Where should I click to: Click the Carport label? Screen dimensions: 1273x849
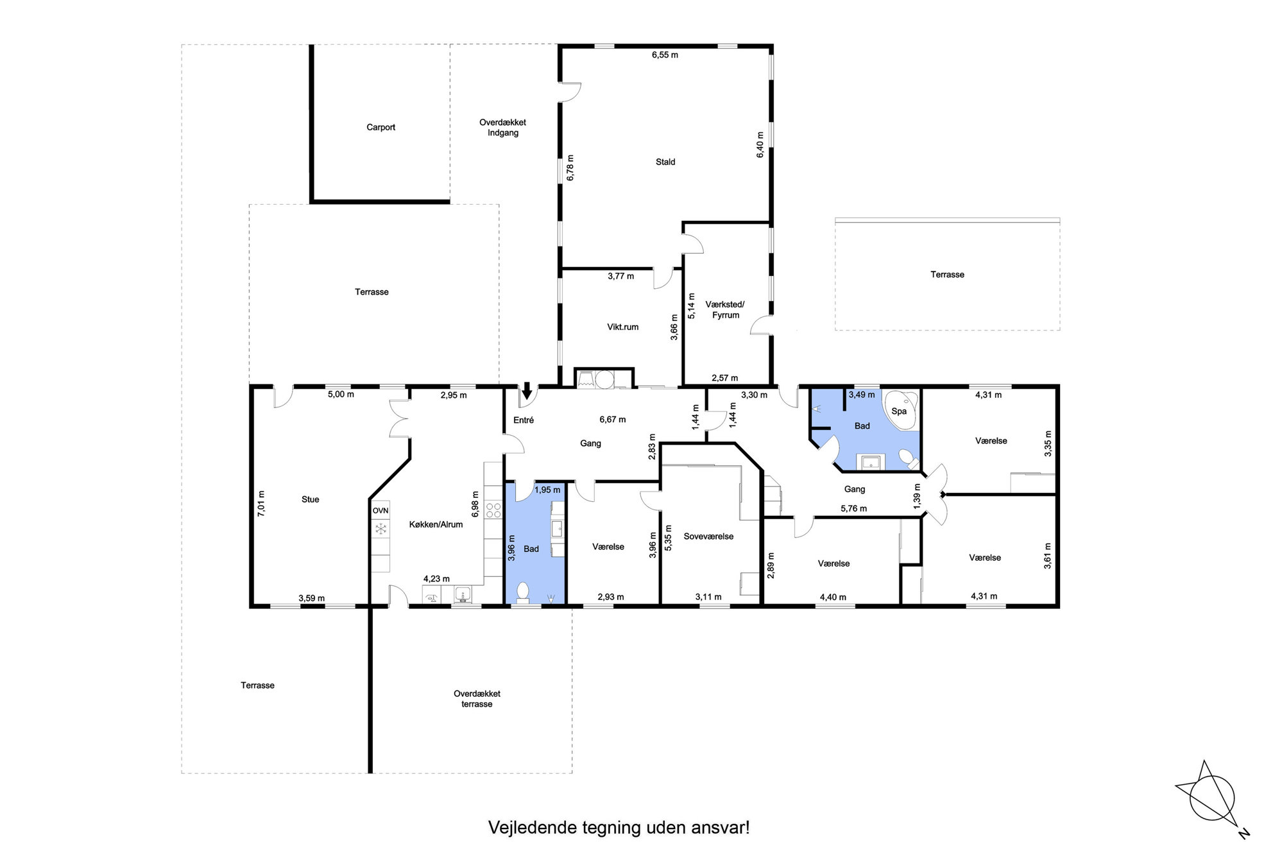point(380,127)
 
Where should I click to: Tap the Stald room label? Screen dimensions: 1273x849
point(665,162)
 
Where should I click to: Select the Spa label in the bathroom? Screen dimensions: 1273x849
point(899,411)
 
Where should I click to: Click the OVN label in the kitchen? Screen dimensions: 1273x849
point(380,511)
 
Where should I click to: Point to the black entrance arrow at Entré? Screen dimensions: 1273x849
point(527,390)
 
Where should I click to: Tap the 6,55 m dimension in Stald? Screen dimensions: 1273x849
point(665,55)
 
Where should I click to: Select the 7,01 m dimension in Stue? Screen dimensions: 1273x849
point(261,504)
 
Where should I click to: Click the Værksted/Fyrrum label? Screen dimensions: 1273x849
point(725,310)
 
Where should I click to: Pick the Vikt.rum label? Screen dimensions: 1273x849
point(623,327)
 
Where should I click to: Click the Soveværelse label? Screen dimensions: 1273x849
point(708,536)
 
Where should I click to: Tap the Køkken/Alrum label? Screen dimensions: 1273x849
point(436,525)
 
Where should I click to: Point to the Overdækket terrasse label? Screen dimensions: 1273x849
point(477,699)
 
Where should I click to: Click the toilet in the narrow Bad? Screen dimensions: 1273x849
point(523,592)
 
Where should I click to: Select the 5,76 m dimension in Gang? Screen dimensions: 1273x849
point(853,509)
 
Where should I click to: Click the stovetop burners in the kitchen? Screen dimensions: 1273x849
point(493,511)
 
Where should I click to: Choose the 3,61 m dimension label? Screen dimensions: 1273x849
point(1048,556)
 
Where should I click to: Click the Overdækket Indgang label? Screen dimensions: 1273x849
point(502,128)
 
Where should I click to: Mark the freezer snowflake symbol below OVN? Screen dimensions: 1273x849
point(380,529)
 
